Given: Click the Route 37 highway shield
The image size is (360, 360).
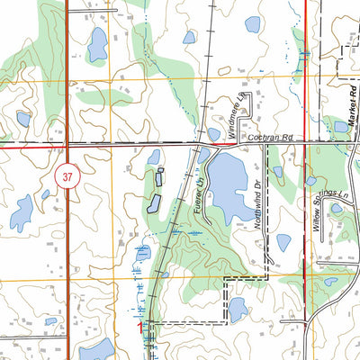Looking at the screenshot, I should click(67, 176).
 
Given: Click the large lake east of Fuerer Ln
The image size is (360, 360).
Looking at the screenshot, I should click(229, 184).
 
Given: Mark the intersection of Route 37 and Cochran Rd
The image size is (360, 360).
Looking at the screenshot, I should click(68, 145).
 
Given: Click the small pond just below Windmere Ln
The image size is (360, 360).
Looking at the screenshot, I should click(214, 134).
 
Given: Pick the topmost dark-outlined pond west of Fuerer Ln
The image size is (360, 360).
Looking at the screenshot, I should click(154, 157).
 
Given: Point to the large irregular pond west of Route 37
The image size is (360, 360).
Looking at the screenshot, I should click(22, 212).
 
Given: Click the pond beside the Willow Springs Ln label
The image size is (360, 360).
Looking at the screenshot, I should click(336, 208).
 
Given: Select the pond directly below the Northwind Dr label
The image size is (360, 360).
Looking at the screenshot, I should click(283, 242).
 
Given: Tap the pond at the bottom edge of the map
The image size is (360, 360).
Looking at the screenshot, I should click(96, 349).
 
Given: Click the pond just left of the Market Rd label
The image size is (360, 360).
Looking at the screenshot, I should click(341, 127).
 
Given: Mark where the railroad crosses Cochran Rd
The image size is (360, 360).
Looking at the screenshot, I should click(202, 143).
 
